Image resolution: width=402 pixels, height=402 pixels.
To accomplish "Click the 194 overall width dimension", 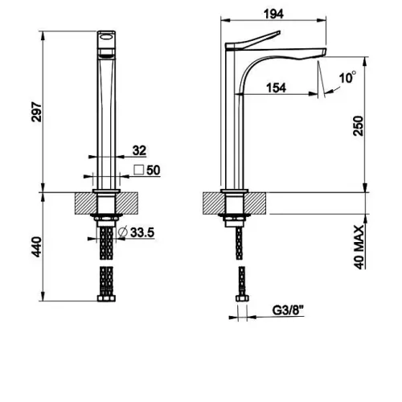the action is tap(273, 14).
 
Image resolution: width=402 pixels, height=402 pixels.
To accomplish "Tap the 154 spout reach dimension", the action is tap(276, 88).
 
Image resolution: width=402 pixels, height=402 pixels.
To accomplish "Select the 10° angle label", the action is tap(347, 77).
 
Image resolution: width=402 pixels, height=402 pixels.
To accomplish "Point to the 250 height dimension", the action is tap(359, 125).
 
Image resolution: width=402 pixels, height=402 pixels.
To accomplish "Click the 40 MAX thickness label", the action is tap(359, 247).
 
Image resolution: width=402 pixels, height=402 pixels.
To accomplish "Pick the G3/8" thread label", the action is tap(289, 310).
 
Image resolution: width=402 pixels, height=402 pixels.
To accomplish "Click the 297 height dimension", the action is tap(37, 112).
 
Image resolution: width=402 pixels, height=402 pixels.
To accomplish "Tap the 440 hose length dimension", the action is tap(36, 247).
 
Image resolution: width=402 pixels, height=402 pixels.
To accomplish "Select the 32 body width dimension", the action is tap(139, 150).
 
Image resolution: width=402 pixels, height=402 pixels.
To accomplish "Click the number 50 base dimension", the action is tap(154, 170).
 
